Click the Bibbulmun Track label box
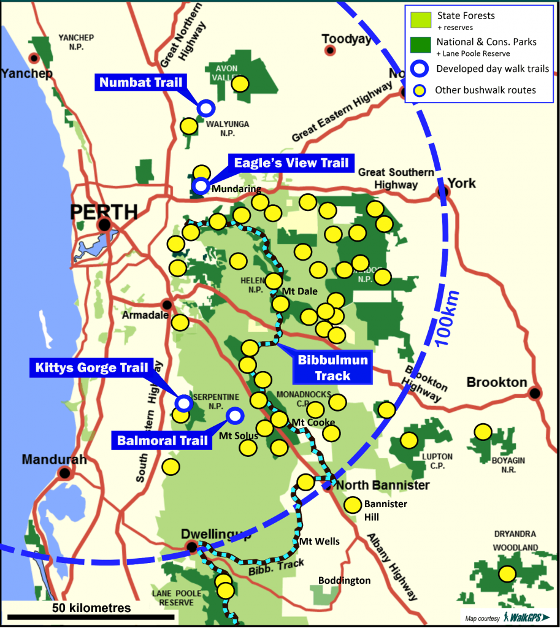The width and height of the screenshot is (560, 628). (333, 367)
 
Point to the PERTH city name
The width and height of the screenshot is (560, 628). (104, 212)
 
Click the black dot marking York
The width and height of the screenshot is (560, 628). (442, 192)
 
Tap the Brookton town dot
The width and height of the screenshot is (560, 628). (535, 392)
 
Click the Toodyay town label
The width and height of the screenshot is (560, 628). (347, 39)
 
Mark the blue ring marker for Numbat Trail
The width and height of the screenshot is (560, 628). (206, 109)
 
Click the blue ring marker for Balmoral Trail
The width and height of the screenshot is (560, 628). (234, 416)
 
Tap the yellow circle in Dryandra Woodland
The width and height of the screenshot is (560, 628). (507, 574)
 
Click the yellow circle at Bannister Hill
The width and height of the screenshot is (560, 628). (352, 505)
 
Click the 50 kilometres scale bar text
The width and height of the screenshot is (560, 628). (91, 608)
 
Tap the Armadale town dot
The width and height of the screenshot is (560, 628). (166, 304)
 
